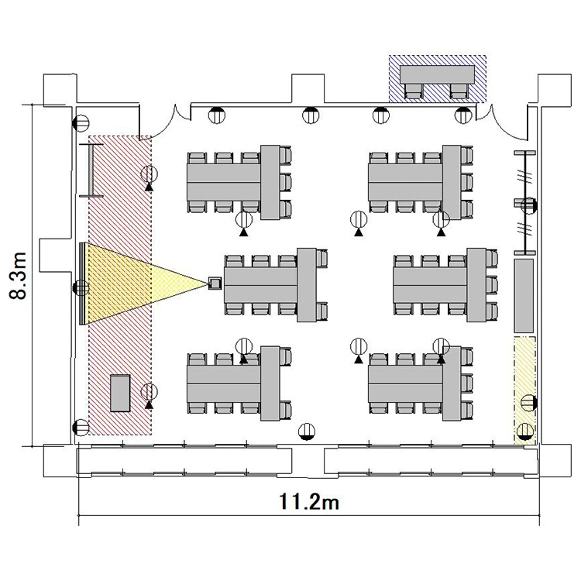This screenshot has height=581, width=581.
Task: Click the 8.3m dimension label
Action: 17,275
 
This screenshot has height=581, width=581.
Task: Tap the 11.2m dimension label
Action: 308,502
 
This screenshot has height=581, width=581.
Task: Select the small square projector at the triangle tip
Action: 215,284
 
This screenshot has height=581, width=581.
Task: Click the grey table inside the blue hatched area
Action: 437,74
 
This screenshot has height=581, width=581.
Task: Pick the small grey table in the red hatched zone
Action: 120,393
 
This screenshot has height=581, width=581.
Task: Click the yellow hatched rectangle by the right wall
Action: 524,390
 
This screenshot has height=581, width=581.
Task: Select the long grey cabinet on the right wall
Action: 524,296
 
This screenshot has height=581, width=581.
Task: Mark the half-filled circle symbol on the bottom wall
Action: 307,431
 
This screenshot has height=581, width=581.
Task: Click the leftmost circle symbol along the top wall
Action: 217,115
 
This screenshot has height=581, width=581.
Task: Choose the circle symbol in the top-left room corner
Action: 81,123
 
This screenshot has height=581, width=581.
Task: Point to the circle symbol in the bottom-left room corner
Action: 81,428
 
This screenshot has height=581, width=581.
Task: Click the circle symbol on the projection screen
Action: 81,288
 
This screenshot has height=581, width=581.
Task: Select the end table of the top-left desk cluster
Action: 270,182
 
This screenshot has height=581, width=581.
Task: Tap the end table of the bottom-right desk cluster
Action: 452,383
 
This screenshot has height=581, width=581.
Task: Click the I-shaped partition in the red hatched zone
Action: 91,170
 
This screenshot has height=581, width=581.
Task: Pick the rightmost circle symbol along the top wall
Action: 462,115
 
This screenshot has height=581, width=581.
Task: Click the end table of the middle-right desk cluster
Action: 476,285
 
